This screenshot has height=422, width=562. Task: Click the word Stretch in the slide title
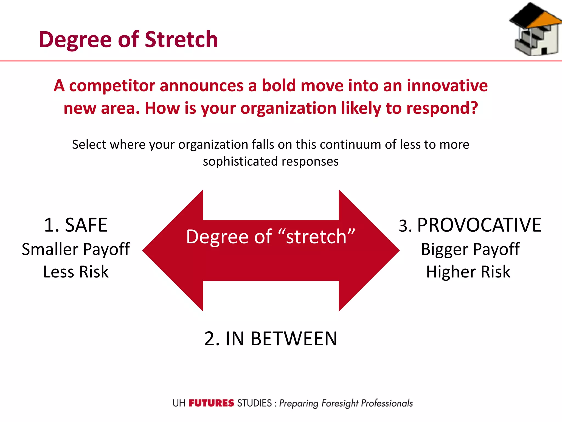pos(181,40)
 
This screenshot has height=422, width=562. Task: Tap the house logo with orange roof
pos(535,30)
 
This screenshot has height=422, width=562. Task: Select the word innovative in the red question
pos(447,86)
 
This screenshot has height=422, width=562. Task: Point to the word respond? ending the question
pos(442,108)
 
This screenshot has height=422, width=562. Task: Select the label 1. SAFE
pos(76,225)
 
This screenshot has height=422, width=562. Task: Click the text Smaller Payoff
pos(76,249)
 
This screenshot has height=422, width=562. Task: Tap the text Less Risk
pos(76,272)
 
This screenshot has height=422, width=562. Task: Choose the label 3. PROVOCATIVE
pos(470,225)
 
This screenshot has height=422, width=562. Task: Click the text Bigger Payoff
pos(470,249)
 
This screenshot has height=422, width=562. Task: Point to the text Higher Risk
pos(468,272)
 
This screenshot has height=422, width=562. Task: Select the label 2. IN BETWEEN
pos(271,339)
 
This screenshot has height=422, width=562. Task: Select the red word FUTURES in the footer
pos(211,403)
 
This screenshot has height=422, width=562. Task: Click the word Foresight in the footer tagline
pos(340,403)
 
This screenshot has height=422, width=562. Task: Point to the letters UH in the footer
pos(179,403)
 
